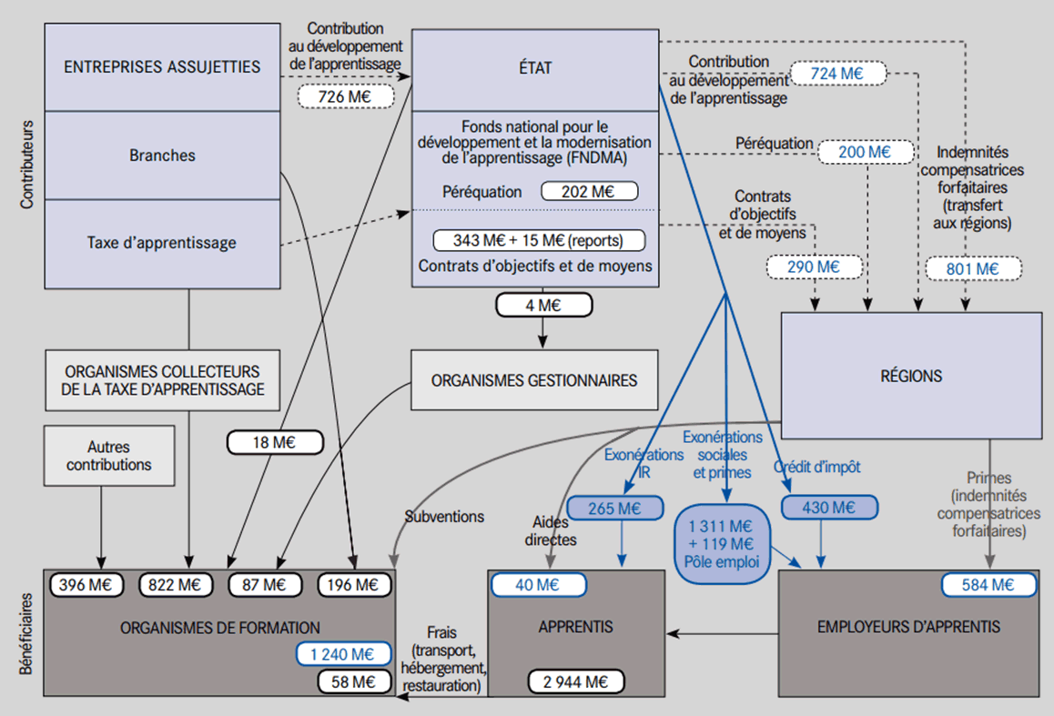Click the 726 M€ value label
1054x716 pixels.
pyautogui.click(x=345, y=96)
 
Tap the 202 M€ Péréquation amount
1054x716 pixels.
pyautogui.click(x=589, y=192)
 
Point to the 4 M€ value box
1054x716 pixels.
pyautogui.click(x=543, y=305)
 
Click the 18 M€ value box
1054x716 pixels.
pyautogui.click(x=275, y=443)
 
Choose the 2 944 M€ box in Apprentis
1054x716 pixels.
pyautogui.click(x=577, y=681)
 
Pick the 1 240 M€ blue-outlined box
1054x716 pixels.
pyautogui.click(x=343, y=653)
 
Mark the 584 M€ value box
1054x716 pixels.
pyautogui.click(x=988, y=585)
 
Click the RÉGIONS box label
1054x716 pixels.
pyautogui.click(x=911, y=376)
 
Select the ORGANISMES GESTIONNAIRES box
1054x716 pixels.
pyautogui.click(x=534, y=380)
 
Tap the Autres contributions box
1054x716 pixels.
pyautogui.click(x=108, y=456)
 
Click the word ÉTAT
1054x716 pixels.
pyautogui.click(x=534, y=67)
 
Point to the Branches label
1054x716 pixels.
pyautogui.click(x=161, y=156)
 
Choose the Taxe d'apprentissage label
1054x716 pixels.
pyautogui.click(x=161, y=243)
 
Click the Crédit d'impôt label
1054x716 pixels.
pyautogui.click(x=816, y=467)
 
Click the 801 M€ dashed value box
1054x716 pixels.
pyautogui.click(x=973, y=268)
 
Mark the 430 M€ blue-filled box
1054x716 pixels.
pyautogui.click(x=828, y=508)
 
